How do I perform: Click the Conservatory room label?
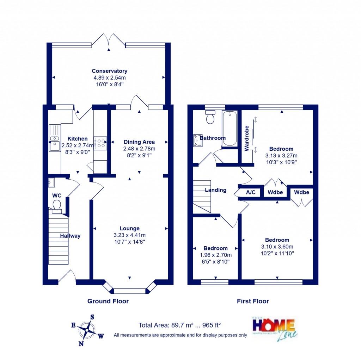pyautogui.click(x=109, y=71)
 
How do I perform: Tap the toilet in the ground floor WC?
pyautogui.click(x=56, y=205)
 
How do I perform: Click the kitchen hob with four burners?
pyautogui.click(x=100, y=143)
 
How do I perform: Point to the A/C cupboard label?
pyautogui.click(x=251, y=193)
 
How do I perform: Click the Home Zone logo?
pyautogui.click(x=274, y=327)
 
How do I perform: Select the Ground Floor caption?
pyautogui.click(x=108, y=301)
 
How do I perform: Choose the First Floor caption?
pyautogui.click(x=253, y=301)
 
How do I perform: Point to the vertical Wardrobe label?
pyautogui.click(x=247, y=138)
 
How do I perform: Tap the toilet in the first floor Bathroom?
pyautogui.click(x=210, y=117)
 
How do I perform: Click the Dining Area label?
pyautogui.click(x=139, y=142)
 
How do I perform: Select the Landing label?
pyautogui.click(x=215, y=190)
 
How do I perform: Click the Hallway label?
pyautogui.click(x=70, y=236)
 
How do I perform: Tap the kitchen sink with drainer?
pyautogui.click(x=54, y=138)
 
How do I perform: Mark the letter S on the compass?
pyautogui.click(x=92, y=317)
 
